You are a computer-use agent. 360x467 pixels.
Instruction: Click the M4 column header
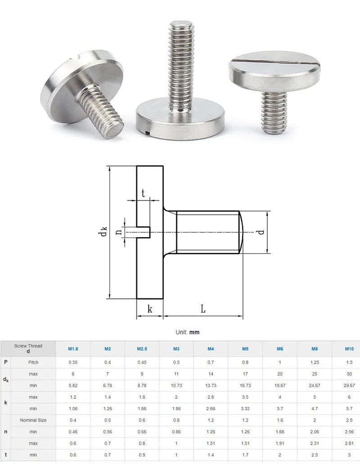[211, 349]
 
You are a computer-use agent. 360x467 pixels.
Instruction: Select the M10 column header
[349, 349]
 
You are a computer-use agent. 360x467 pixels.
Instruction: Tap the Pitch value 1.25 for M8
[315, 362]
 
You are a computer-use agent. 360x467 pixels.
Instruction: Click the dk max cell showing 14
[211, 374]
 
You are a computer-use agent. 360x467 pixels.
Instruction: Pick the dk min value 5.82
[72, 386]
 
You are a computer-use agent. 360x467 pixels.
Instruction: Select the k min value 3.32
[245, 409]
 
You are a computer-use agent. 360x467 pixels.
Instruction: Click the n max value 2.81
[349, 443]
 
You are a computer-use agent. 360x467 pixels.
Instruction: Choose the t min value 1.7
[245, 455]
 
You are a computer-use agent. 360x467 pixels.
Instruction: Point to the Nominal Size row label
[33, 420]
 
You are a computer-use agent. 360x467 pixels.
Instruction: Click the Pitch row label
[33, 362]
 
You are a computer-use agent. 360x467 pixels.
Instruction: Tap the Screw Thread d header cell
[28, 349]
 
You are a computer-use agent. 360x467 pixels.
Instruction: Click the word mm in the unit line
[194, 332]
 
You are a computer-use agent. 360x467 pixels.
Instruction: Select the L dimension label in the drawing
[203, 309]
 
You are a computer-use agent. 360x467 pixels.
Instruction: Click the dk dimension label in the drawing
[103, 232]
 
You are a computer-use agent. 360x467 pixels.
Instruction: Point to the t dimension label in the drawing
[143, 194]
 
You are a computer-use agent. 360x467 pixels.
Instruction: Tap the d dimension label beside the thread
[261, 232]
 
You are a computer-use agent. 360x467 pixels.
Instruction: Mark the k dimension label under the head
[150, 309]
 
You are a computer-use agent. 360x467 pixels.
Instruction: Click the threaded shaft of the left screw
[103, 110]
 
